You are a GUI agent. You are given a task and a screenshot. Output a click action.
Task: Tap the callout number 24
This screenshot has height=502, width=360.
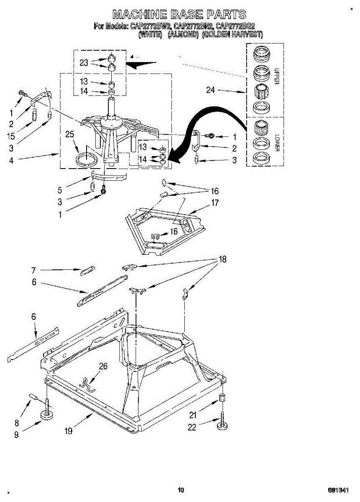(x=211, y=90)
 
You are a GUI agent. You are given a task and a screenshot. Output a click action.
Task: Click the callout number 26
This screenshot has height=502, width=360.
(x=103, y=366)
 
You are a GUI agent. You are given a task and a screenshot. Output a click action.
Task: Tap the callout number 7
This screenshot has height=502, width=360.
(x=34, y=270)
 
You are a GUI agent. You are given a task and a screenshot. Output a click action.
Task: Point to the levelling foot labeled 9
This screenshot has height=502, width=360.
(x=47, y=415)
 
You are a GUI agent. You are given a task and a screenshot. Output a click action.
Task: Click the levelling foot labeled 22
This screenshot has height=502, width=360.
(x=222, y=426)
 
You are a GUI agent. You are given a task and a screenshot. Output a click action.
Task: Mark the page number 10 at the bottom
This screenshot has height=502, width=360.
(x=181, y=490)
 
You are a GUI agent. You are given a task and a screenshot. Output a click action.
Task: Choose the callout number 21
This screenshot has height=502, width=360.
(x=192, y=415)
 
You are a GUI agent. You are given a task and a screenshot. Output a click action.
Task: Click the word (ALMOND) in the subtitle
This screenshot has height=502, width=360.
(x=183, y=35)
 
